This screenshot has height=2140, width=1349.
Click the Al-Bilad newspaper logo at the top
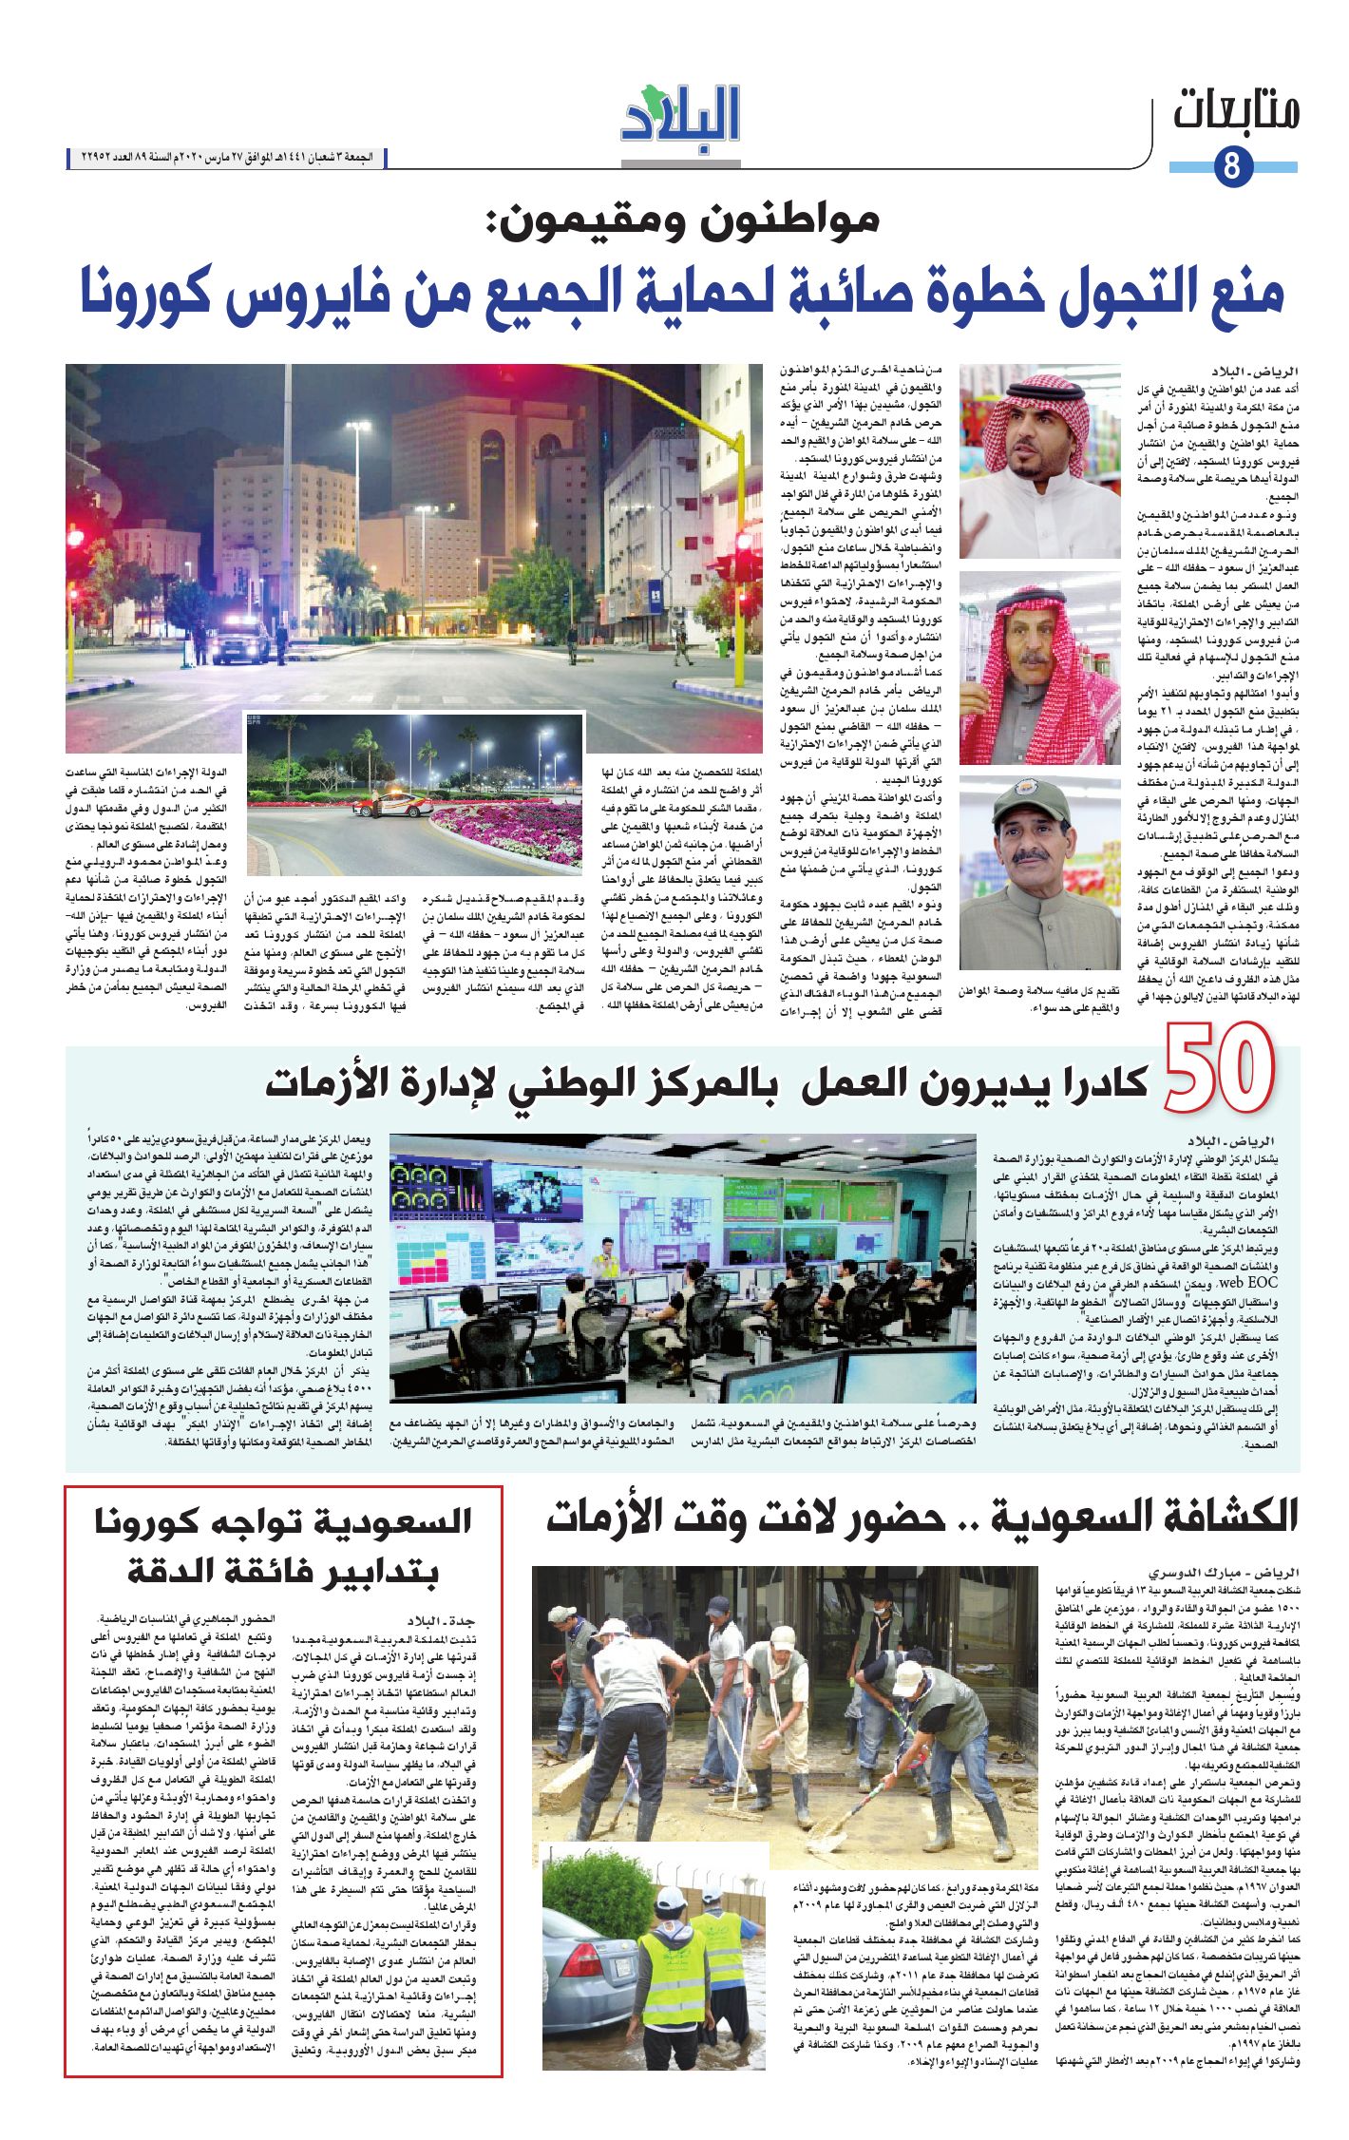tap(680, 114)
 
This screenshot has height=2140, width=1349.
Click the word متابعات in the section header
tap(1236, 112)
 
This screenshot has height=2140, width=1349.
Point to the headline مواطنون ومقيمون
tap(682, 221)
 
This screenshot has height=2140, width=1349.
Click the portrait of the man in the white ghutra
tap(1039, 461)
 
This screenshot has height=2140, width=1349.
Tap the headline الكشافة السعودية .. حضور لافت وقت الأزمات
tap(921, 1518)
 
